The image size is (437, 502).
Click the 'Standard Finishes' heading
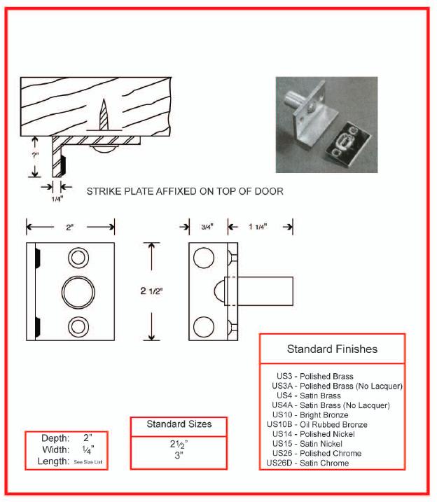click(332, 349)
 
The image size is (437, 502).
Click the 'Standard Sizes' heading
click(179, 424)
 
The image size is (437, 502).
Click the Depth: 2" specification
click(67, 438)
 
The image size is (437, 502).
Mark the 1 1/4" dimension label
click(259, 226)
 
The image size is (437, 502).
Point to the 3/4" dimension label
click(209, 226)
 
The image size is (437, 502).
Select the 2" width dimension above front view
click(70, 226)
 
